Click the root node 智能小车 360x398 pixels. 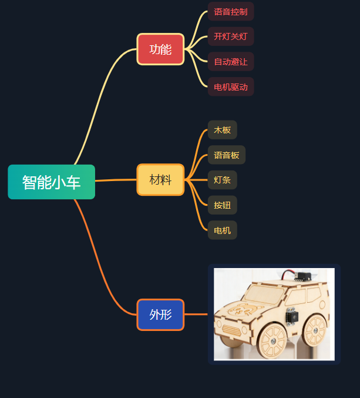[x=52, y=182]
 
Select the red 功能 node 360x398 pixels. [x=160, y=49]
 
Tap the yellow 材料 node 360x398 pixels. [x=160, y=179]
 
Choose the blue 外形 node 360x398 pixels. [x=160, y=315]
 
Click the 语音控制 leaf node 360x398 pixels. [x=230, y=12]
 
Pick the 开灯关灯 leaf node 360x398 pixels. [x=230, y=36]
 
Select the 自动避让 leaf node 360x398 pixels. [x=230, y=62]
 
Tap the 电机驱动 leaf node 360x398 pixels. [x=230, y=87]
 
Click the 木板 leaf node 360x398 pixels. [x=223, y=130]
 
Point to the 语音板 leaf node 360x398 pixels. [x=226, y=155]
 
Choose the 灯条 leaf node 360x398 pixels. [x=223, y=180]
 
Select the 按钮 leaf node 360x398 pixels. [x=223, y=205]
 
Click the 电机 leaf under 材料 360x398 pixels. [x=223, y=230]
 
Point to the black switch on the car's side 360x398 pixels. [x=291, y=316]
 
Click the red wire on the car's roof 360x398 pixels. [x=287, y=273]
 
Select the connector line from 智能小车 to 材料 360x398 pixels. [x=116, y=180]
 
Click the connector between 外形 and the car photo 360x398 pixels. [x=196, y=315]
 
